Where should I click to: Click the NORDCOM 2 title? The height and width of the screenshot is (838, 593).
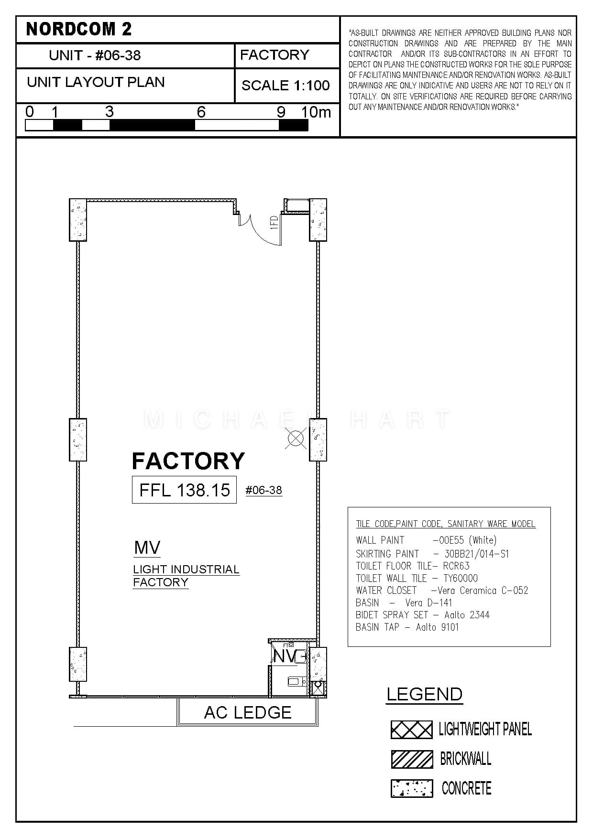[x=79, y=29]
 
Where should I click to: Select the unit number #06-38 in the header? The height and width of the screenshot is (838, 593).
[x=118, y=55]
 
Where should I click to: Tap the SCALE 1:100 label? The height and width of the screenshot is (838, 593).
[x=286, y=86]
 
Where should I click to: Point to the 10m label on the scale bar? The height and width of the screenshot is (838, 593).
[x=316, y=112]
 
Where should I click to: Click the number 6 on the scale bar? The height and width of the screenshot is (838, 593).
[x=201, y=112]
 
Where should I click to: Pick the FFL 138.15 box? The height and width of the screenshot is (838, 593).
[x=184, y=490]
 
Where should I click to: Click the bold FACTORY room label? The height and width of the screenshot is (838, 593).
[x=188, y=461]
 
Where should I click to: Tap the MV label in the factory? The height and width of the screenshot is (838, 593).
[x=147, y=548]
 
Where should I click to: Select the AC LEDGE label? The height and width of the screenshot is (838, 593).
[x=248, y=712]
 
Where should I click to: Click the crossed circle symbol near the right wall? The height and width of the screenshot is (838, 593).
[x=296, y=438]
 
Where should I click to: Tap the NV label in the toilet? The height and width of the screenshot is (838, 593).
[x=285, y=656]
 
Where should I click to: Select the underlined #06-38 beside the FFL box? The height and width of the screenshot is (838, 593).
[x=264, y=490]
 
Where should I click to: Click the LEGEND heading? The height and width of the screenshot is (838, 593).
[x=424, y=694]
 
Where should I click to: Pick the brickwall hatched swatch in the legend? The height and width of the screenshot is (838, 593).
[x=412, y=759]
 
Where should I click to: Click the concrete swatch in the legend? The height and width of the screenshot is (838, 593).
[x=412, y=788]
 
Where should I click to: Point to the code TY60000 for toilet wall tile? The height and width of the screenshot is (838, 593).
[x=461, y=579]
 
